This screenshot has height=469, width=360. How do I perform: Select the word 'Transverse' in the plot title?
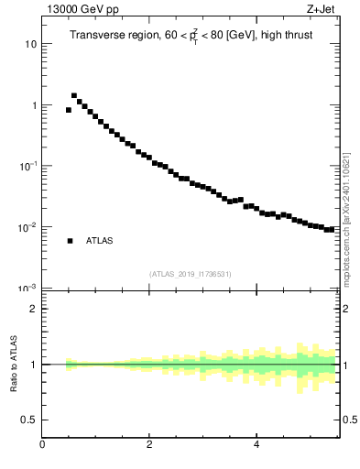[99, 37]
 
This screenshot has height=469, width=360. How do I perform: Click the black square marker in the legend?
[70, 241]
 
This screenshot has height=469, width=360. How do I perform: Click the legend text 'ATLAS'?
[100, 241]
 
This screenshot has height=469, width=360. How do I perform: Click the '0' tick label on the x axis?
[42, 446]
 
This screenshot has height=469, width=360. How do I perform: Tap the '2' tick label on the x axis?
[149, 446]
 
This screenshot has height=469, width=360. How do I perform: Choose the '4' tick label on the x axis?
[256, 446]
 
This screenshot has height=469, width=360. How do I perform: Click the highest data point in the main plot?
[74, 95]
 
